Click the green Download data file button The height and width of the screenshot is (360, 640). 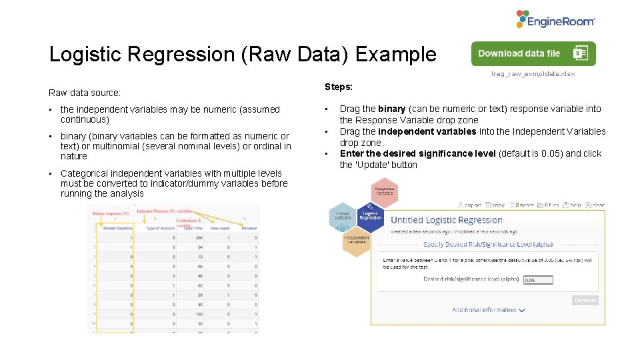533,54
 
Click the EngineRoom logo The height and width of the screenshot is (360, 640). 555,19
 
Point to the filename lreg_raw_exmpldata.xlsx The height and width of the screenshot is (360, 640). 533,74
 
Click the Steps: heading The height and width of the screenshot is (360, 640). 339,87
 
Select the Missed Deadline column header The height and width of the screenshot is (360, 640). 118,228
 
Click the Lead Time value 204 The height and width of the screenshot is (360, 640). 198,237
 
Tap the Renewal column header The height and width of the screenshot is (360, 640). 249,228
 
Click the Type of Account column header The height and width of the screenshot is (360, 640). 160,228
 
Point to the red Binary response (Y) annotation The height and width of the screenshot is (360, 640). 111,213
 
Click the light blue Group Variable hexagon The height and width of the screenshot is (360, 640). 343,216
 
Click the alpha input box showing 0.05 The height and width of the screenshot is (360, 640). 539,280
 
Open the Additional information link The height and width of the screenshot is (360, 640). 488,310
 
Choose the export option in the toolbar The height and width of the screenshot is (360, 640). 470,205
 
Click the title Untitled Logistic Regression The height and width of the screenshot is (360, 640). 447,220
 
